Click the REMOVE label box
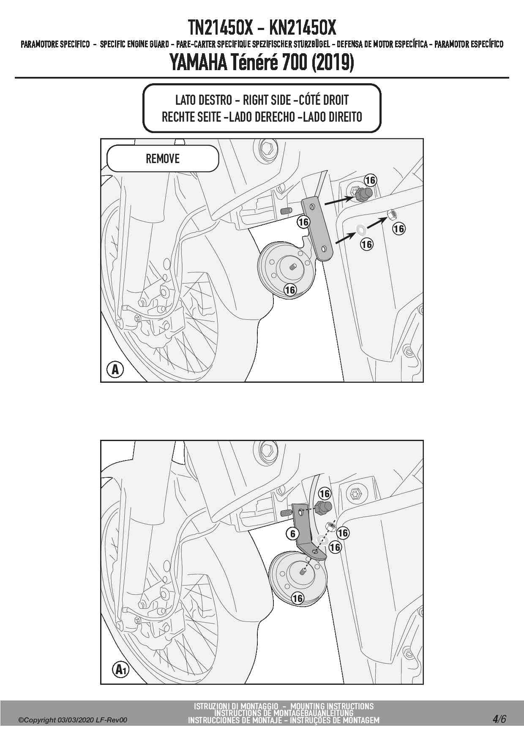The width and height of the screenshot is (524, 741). (x=163, y=158)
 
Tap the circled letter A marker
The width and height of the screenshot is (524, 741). (x=115, y=370)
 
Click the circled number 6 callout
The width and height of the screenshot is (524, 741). (x=293, y=534)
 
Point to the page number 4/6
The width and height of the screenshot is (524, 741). (x=499, y=719)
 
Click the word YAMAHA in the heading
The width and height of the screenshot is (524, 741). (x=198, y=63)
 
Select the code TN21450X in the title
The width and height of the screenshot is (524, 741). (x=220, y=28)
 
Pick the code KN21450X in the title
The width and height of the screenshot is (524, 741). (x=302, y=28)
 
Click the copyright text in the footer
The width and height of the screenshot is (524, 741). (x=72, y=720)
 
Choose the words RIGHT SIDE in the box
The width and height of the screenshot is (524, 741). (x=267, y=100)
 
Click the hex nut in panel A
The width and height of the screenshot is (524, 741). (x=392, y=215)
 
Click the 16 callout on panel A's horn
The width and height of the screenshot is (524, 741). (x=290, y=290)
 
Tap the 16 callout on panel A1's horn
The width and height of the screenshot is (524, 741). (x=297, y=598)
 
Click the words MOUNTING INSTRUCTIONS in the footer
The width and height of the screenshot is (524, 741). (x=332, y=706)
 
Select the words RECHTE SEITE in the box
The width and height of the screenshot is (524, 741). (x=191, y=117)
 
